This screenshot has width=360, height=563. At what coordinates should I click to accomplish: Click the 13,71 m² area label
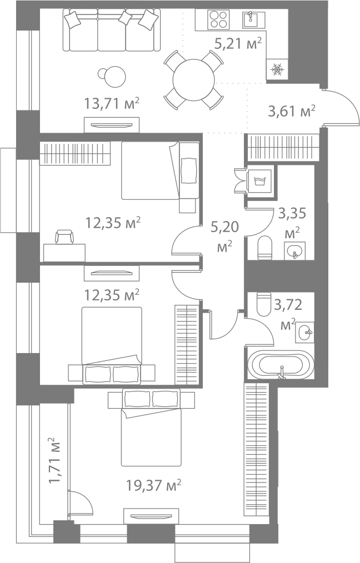tap(111, 103)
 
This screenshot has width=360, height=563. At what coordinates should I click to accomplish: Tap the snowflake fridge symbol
tap(277, 69)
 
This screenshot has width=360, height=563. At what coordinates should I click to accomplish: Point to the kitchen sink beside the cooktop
tap(253, 19)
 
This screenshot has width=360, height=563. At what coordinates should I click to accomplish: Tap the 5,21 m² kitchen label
tap(238, 43)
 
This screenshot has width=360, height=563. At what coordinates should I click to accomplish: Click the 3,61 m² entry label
tap(292, 111)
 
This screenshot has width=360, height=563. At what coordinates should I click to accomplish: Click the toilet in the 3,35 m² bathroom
tap(265, 247)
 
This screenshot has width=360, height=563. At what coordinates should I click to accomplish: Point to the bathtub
tap(278, 364)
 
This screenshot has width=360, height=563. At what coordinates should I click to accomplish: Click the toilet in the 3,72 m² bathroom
tap(263, 304)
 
